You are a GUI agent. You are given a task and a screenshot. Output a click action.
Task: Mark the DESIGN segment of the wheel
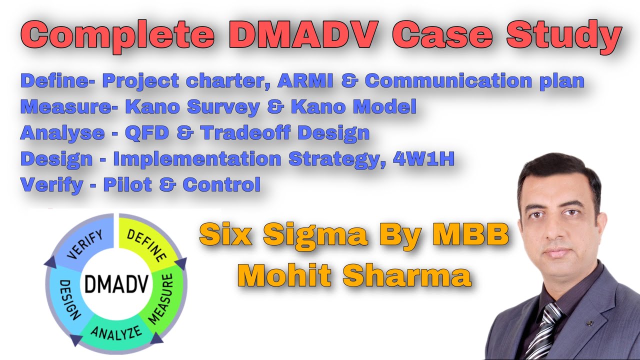pyautogui.click(x=69, y=300)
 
